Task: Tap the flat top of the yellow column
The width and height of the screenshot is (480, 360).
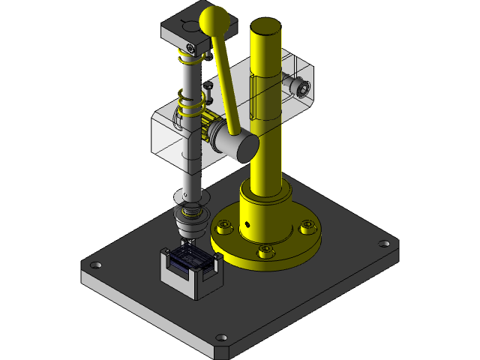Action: tap(266, 27)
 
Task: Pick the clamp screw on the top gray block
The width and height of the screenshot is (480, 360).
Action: tap(193, 48)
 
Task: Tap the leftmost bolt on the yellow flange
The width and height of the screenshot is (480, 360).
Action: tap(223, 223)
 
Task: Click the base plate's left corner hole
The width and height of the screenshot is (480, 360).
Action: tap(97, 265)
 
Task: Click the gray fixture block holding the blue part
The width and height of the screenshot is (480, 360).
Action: tap(187, 279)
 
